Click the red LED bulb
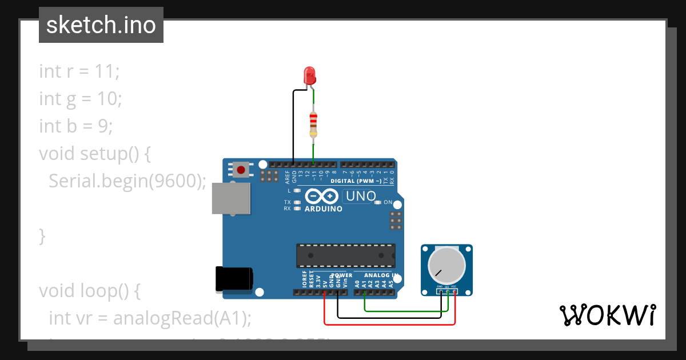[x=309, y=75]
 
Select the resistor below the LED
[x=313, y=125]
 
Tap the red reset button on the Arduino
[x=241, y=170]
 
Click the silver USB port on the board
[x=230, y=198]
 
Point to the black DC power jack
[x=234, y=279]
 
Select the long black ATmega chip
[x=345, y=255]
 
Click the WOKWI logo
[x=607, y=315]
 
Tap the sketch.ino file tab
[x=101, y=25]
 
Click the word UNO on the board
[x=360, y=197]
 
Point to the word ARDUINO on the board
[x=324, y=209]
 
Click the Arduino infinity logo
[x=322, y=197]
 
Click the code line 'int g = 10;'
[x=81, y=99]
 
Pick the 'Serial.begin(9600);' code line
[x=127, y=181]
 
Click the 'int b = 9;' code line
[x=76, y=126]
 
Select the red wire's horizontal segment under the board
[x=389, y=325]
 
